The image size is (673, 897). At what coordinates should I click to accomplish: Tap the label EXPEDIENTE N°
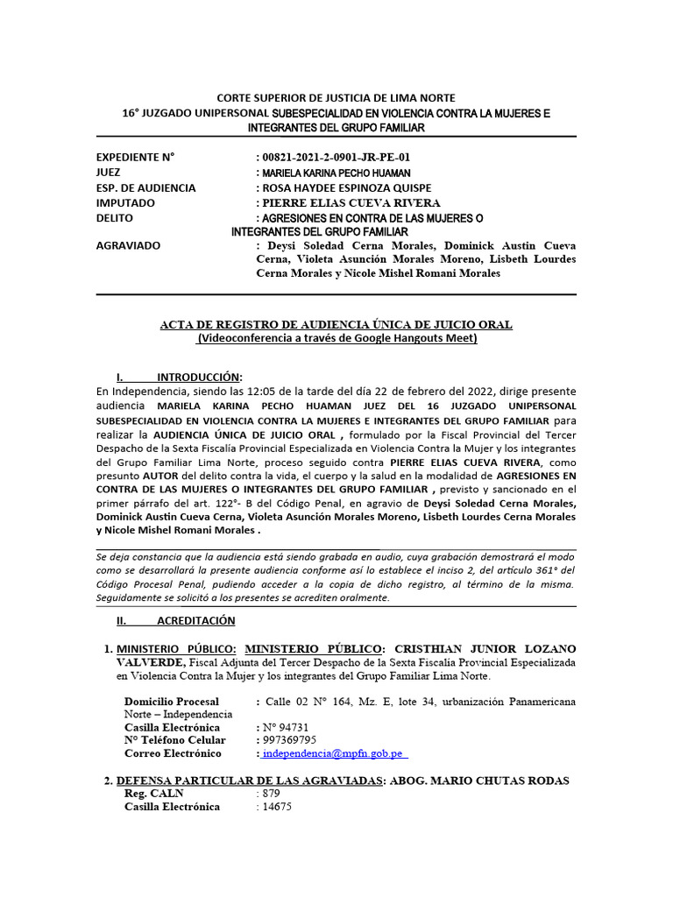click(135, 158)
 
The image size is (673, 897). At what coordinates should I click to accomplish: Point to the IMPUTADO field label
click(125, 203)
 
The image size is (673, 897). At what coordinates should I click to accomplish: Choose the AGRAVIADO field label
click(128, 245)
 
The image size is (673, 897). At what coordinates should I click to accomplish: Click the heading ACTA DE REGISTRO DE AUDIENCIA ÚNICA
click(336, 325)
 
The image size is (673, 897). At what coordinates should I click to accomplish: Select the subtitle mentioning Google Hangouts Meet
click(336, 338)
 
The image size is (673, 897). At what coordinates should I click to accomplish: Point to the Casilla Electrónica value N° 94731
click(284, 727)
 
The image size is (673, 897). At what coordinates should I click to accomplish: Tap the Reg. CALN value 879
click(269, 794)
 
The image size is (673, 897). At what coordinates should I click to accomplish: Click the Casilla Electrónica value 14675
click(275, 807)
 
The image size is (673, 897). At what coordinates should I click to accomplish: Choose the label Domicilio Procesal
click(172, 702)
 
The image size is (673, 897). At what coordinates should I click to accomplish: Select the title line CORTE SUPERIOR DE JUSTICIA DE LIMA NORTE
click(336, 98)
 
